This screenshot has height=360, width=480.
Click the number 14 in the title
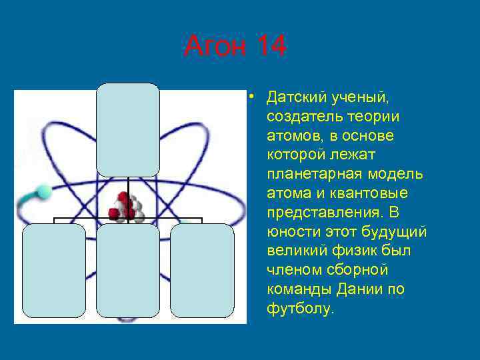(x=270, y=47)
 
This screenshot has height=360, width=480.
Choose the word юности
(x=291, y=232)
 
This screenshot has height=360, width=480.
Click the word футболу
(x=298, y=309)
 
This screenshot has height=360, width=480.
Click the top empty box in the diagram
(x=128, y=129)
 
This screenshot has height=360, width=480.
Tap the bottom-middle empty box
(x=128, y=270)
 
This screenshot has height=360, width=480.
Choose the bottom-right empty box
(x=202, y=270)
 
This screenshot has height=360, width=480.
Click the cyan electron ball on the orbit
(x=43, y=192)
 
